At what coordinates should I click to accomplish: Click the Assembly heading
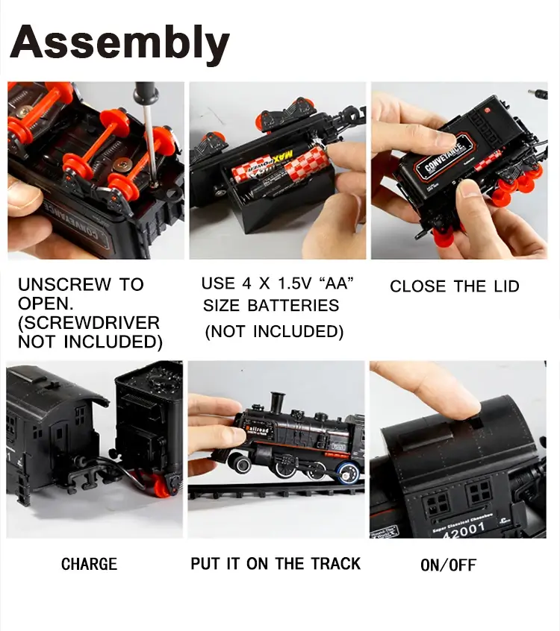119,43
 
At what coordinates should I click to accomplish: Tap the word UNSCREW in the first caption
64,285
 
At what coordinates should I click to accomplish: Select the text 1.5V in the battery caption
295,283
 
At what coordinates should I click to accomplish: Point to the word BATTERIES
293,306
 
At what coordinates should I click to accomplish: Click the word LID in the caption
506,286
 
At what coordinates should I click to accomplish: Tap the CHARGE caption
89,564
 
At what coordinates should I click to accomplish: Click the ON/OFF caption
448,565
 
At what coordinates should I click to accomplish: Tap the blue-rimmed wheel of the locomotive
349,472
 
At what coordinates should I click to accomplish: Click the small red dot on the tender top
487,110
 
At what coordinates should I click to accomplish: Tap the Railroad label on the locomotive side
258,430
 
